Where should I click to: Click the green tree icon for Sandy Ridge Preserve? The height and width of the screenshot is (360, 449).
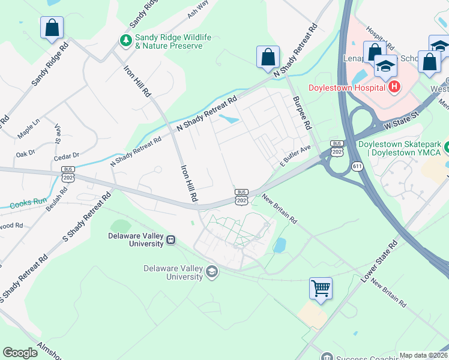point(126,41)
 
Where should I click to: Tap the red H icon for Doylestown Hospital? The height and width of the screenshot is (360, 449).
point(394,88)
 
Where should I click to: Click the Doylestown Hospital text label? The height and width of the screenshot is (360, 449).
point(346,88)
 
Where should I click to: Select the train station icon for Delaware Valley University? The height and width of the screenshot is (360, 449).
point(171,240)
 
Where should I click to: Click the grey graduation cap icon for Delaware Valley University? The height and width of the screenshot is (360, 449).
point(211,272)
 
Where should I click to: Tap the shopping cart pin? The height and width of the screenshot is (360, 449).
point(321,289)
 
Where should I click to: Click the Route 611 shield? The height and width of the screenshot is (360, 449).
point(358,166)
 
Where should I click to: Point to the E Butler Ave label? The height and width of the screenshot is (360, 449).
point(295,155)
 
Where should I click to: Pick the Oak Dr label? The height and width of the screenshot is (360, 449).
point(26,154)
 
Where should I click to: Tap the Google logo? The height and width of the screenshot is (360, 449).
point(20,353)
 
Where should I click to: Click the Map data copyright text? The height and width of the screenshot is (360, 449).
point(423,355)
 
